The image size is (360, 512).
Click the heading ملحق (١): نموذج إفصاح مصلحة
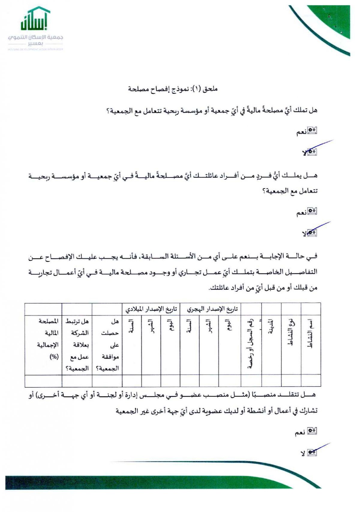[172, 89]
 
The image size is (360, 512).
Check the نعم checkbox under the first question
[313, 131]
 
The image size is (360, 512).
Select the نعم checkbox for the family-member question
[313, 212]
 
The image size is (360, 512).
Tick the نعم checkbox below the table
[313, 431]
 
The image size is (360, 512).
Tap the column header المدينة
[271, 328]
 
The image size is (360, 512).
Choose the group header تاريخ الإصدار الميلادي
[151, 309]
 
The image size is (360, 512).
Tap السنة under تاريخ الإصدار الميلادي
[131, 326]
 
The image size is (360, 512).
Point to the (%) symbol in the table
[54, 357]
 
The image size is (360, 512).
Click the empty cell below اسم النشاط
[311, 381]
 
